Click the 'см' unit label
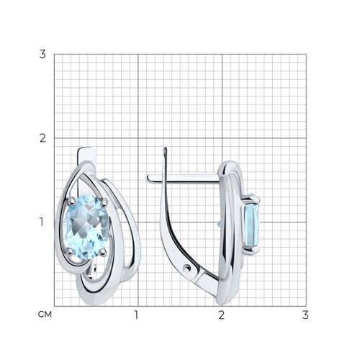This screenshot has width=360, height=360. pos(45,314)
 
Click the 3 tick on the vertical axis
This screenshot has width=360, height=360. pos(42,54)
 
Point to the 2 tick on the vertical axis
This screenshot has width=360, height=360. pos(42,138)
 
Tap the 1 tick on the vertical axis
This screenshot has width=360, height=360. pos(42,222)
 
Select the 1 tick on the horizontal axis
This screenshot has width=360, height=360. pos(136,315)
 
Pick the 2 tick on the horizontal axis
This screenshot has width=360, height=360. pos(221,315)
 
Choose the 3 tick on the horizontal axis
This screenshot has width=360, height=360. pos(305,315)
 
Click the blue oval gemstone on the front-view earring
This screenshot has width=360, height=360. pos(86,227)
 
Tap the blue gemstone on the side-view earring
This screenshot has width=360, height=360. pos(252,225)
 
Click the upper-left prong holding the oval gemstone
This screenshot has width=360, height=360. pos(71,199)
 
